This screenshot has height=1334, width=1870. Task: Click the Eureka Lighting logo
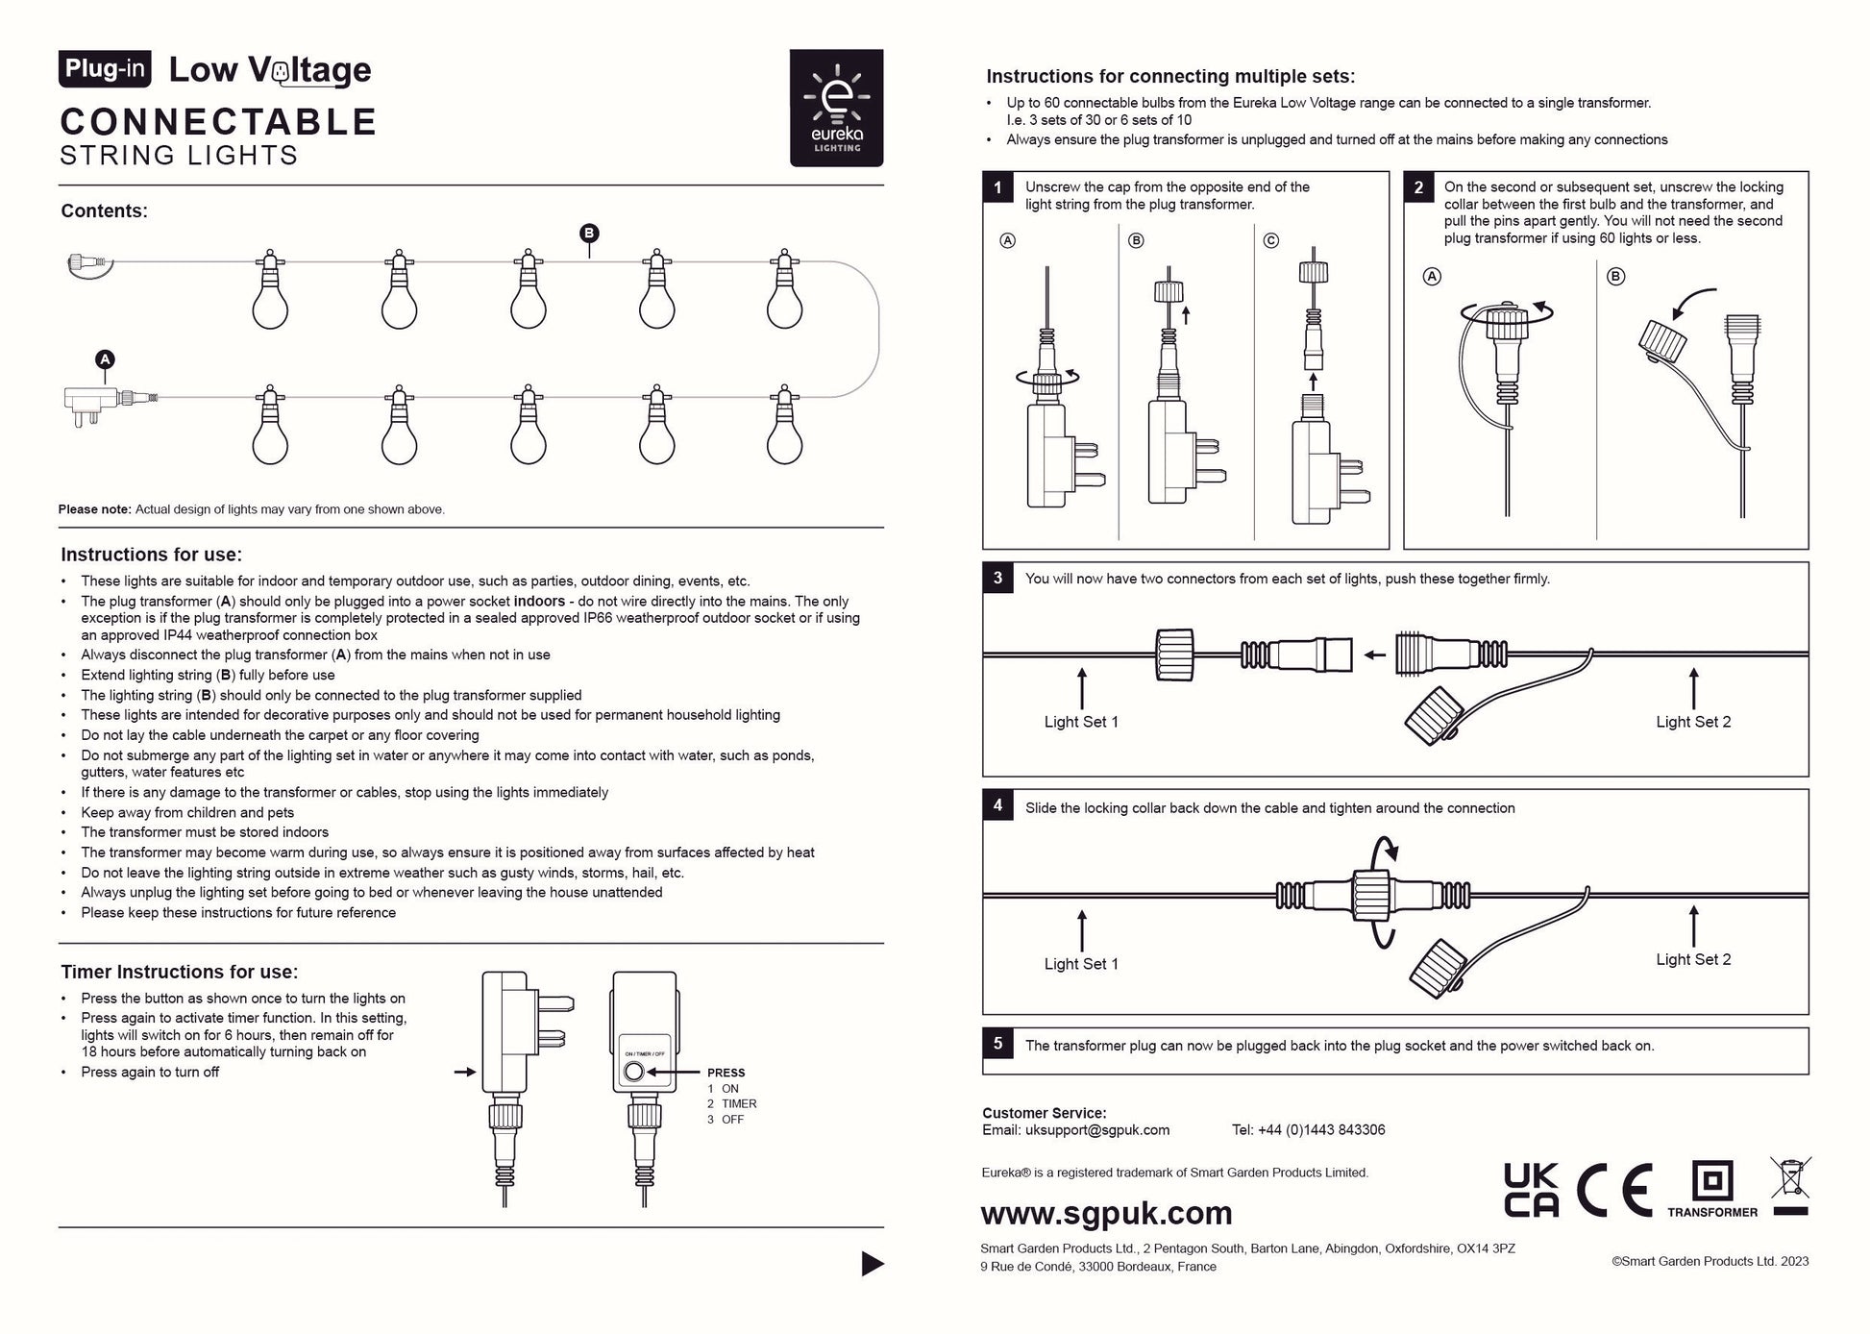pos(836,108)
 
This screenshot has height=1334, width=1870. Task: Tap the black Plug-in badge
pos(105,69)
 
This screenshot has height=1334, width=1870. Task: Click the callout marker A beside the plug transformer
pos(105,359)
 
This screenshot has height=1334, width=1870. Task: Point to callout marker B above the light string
pos(589,233)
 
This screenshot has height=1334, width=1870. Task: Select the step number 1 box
pos(997,187)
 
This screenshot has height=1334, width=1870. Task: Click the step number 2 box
pos(1418,187)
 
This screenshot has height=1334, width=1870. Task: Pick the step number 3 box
pos(997,578)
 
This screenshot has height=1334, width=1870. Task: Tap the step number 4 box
pos(997,805)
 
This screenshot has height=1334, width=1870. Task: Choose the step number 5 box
pos(997,1044)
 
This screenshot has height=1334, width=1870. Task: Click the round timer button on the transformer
pos(633,1073)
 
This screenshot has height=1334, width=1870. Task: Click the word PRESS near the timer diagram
pos(726,1073)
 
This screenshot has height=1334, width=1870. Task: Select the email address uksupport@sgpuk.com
pos(1096,1130)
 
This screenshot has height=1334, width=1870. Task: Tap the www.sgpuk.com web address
pos(1106,1213)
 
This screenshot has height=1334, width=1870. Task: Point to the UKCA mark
pos(1531,1190)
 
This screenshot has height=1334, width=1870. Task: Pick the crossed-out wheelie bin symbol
pos(1790,1184)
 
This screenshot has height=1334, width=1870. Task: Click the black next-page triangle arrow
pos(872,1264)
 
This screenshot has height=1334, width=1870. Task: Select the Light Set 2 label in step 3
pos(1693,722)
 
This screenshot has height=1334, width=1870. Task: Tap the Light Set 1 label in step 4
pos(1081,964)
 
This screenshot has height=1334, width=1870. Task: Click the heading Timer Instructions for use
pos(180,972)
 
